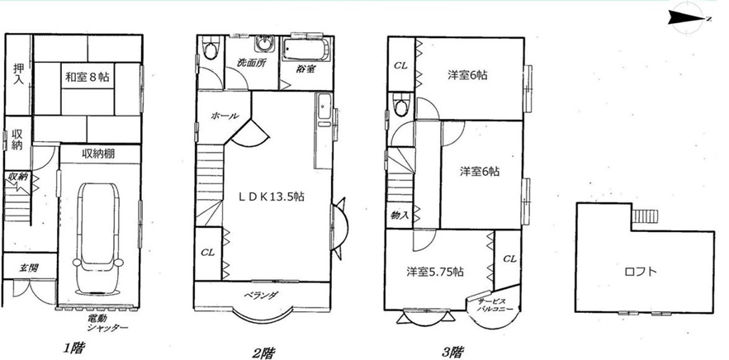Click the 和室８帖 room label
click(87, 77)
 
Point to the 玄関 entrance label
click(29, 268)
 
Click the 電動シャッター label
click(107, 324)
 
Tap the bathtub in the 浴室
click(306, 50)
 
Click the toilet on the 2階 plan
click(211, 49)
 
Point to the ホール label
click(225, 116)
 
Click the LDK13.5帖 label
click(272, 197)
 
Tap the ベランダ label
click(263, 295)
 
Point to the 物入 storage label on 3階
click(400, 216)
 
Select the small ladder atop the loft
click(645, 216)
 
